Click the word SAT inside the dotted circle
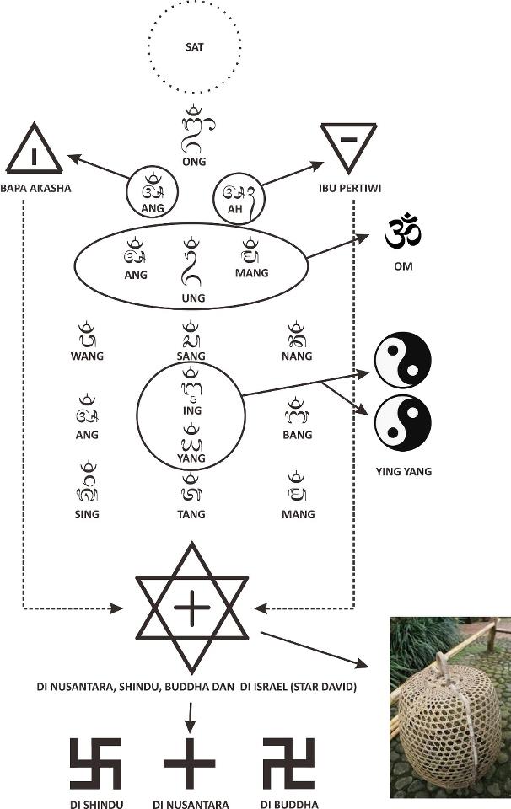[195, 46]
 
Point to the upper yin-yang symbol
[402, 360]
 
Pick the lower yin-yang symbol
[402, 423]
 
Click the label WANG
[87, 356]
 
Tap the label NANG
[296, 356]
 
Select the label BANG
[297, 435]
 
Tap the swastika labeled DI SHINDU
[95, 763]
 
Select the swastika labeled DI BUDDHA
[289, 763]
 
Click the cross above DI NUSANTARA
[190, 763]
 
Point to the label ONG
[195, 162]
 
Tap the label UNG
[194, 297]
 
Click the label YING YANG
[402, 471]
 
